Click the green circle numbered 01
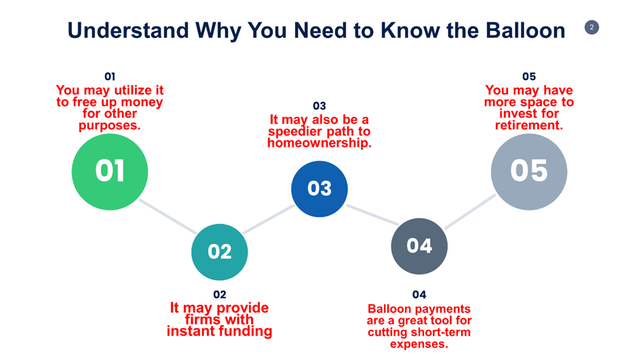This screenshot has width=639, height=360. (x=109, y=172)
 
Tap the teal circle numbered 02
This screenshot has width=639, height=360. (x=220, y=252)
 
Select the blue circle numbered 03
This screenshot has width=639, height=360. (x=319, y=189)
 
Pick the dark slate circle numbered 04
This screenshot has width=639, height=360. (x=419, y=246)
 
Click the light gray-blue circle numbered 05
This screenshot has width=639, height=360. (x=529, y=171)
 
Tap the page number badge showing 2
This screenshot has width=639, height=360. (x=591, y=27)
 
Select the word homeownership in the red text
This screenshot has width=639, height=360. (x=319, y=142)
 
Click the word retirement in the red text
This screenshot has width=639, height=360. (x=529, y=125)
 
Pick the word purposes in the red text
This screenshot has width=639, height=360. (x=109, y=125)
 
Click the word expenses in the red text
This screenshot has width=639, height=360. (x=419, y=344)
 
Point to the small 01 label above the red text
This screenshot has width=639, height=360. (x=109, y=77)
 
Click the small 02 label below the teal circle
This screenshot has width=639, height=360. (x=220, y=294)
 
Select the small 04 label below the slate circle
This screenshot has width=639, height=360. (x=419, y=294)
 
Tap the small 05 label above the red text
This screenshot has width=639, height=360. (x=529, y=77)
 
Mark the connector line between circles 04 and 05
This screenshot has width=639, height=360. (x=471, y=211)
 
